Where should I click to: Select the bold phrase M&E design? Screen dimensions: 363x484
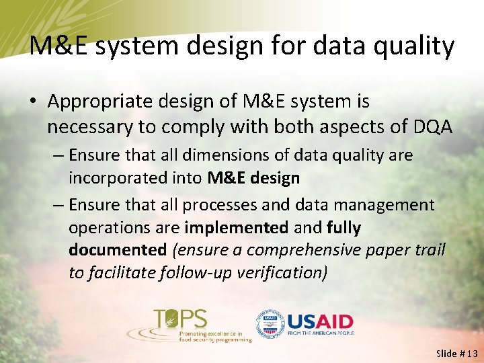point(253,178)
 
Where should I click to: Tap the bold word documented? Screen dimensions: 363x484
point(117,250)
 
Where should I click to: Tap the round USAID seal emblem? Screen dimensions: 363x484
point(269,323)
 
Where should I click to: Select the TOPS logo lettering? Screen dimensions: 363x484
point(181,318)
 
